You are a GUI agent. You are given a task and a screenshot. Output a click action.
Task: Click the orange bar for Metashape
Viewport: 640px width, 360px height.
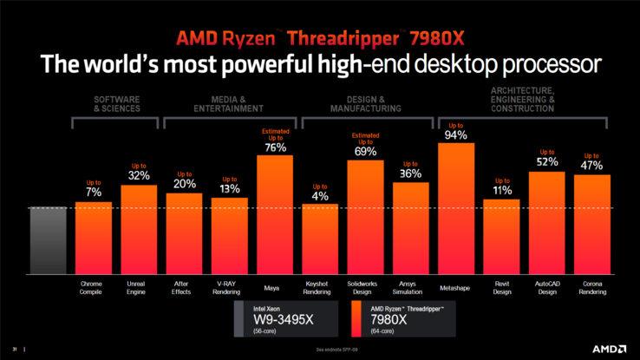click(x=456, y=208)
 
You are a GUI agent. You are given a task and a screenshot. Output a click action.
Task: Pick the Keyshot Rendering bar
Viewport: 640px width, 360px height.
click(x=320, y=239)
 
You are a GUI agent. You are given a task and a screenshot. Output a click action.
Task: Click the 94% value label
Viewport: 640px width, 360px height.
click(x=456, y=134)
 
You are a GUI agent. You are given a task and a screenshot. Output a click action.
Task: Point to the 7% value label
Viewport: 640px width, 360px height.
click(x=93, y=193)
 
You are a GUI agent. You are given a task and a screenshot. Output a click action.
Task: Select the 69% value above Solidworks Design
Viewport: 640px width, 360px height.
click(x=365, y=151)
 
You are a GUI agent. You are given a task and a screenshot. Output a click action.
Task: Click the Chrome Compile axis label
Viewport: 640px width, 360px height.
click(x=92, y=287)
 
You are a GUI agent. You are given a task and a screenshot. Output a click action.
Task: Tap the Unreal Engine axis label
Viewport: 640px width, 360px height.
click(x=138, y=287)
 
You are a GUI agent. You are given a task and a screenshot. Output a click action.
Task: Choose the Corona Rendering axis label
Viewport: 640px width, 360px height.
click(x=592, y=287)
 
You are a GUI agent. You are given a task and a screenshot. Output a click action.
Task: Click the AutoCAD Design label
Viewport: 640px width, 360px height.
click(x=547, y=287)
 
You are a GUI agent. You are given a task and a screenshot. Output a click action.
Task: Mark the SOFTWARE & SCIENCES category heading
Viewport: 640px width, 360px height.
click(x=115, y=104)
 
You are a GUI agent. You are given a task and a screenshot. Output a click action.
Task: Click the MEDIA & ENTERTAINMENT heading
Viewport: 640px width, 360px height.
click(x=231, y=104)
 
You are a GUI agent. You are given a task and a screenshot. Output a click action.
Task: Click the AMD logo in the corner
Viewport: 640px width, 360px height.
click(x=611, y=350)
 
